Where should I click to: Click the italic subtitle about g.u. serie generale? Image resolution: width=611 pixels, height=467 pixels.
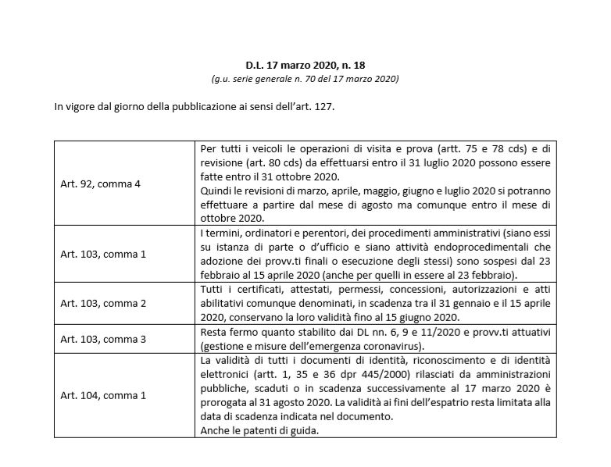coord(305,80)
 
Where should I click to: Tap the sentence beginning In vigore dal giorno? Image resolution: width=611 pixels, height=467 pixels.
coord(195,105)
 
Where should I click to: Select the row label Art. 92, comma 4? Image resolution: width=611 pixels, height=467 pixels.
coord(97,184)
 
